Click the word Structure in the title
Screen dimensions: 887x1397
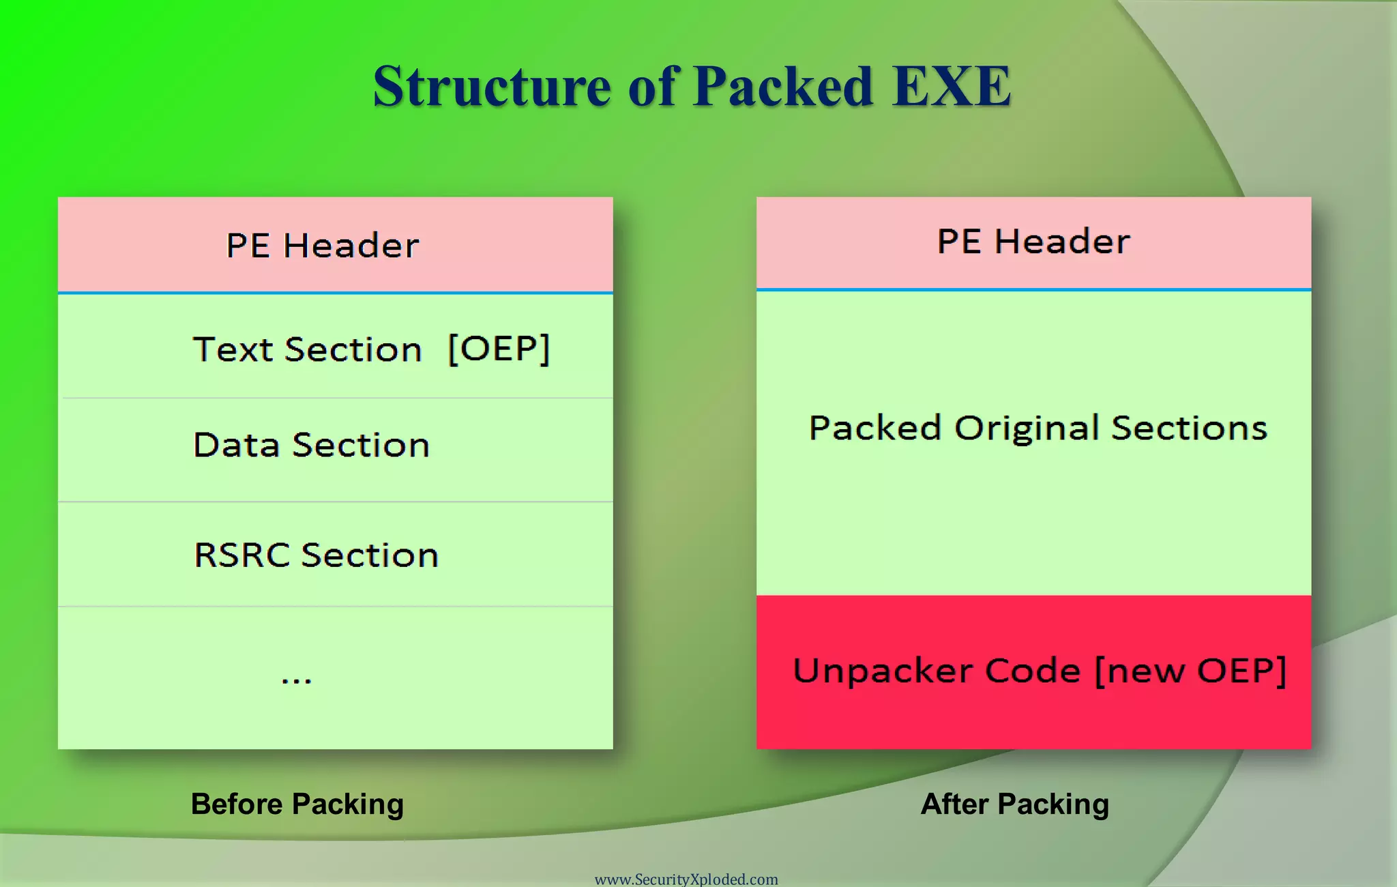[491, 87]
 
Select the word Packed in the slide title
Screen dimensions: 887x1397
[782, 87]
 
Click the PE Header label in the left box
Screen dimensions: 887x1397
[322, 246]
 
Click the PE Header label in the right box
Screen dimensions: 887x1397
[1033, 242]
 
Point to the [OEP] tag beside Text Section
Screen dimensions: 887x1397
[499, 349]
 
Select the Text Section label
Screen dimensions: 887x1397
[307, 350]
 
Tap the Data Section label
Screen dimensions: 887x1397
[311, 445]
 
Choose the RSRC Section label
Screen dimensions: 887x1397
[316, 555]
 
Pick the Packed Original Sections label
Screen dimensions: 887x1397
[1038, 428]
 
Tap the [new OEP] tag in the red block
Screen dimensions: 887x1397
[1190, 671]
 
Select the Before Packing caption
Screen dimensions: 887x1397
[297, 804]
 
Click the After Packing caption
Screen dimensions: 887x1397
[1014, 804]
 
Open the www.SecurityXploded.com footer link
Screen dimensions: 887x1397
[686, 879]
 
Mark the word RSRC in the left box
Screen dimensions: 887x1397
[241, 555]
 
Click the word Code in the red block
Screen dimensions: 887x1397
[1033, 671]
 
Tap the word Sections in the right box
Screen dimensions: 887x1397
[1189, 428]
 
